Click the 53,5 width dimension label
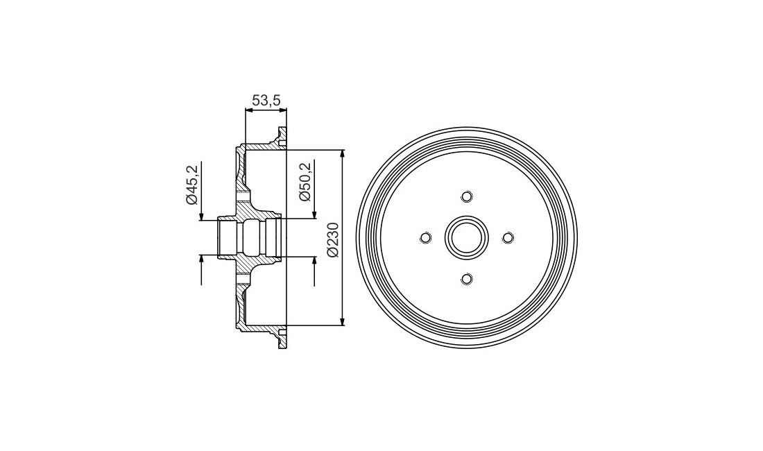point(266,100)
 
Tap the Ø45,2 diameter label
point(191,185)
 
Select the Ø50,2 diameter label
point(305,182)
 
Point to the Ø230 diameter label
point(333,239)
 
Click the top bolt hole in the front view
point(467,196)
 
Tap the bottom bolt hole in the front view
point(467,279)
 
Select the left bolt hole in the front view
point(425,237)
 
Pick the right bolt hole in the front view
point(508,237)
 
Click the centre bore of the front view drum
point(467,237)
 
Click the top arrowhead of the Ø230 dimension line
point(343,155)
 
